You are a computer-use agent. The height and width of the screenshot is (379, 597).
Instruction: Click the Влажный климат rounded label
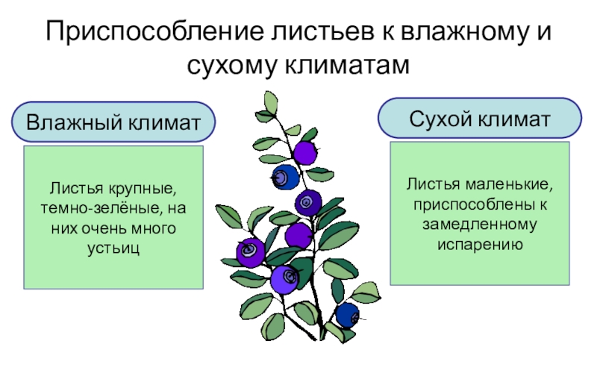pyautogui.click(x=113, y=122)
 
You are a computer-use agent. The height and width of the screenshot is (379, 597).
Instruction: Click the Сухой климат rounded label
pyautogui.click(x=480, y=118)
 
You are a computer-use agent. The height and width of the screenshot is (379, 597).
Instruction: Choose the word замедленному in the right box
pyautogui.click(x=480, y=223)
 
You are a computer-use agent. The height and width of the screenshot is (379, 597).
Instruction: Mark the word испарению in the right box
pyautogui.click(x=480, y=244)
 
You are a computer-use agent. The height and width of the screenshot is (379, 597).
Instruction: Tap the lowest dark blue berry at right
pyautogui.click(x=346, y=315)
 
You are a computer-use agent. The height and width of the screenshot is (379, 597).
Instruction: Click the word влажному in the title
pyautogui.click(x=458, y=34)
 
